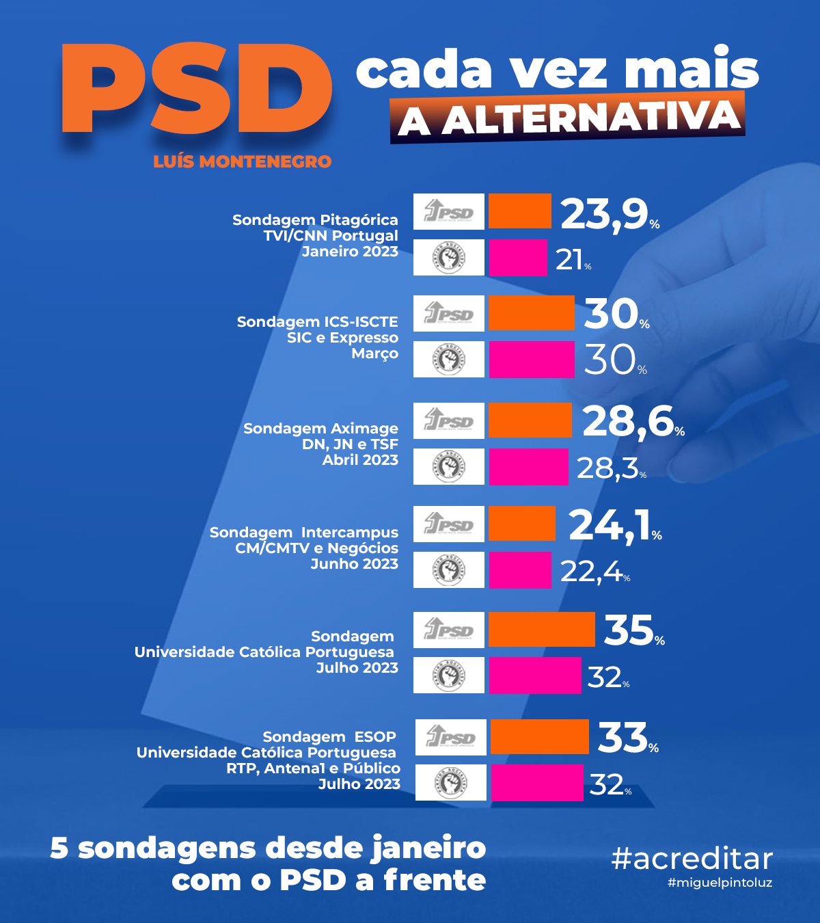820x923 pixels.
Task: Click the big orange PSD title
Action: [x=197, y=91]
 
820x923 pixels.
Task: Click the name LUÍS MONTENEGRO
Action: [x=242, y=162]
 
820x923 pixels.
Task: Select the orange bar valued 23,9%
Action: [x=520, y=211]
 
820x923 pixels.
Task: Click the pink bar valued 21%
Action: [x=518, y=258]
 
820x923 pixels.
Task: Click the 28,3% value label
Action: [x=608, y=468]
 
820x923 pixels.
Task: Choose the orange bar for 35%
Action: [x=542, y=630]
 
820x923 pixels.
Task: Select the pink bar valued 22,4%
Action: [x=520, y=570]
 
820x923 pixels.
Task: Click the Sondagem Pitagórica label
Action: [x=315, y=220]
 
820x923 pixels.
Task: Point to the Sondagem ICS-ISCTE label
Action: [x=317, y=322]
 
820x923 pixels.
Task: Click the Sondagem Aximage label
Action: [x=320, y=429]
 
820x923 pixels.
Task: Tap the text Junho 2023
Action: [x=354, y=564]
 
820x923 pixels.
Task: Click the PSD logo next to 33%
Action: [x=450, y=737]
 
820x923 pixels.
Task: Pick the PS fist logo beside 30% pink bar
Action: [x=449, y=359]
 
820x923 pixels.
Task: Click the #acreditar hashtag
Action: [x=692, y=859]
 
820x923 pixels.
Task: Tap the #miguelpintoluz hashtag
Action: [x=720, y=883]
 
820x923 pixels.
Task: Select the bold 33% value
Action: [x=623, y=738]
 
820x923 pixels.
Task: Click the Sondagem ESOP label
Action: [x=329, y=737]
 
